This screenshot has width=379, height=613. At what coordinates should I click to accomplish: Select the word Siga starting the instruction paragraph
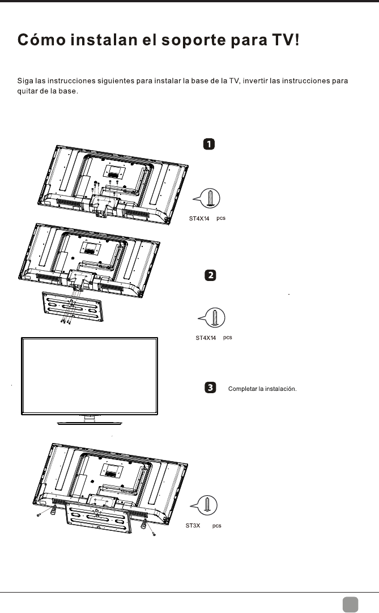[25, 81]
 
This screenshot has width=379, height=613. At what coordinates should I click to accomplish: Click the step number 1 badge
[209, 144]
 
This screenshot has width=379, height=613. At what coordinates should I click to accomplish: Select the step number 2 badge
[209, 276]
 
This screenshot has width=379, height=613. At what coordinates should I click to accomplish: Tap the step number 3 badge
[209, 388]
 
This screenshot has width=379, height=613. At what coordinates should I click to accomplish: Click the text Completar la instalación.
[262, 389]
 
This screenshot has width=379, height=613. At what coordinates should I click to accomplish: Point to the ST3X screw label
[194, 526]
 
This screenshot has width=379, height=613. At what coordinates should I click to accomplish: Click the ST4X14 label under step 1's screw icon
[199, 218]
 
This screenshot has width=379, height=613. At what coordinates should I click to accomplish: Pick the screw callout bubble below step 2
[212, 318]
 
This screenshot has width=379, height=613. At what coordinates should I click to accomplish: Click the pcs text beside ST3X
[216, 526]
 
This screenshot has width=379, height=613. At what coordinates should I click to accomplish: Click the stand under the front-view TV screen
[90, 420]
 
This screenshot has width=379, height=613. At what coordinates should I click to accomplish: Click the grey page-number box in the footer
[350, 602]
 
